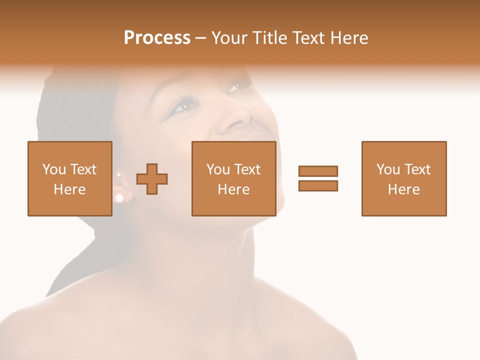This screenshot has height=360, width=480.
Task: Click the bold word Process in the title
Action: pos(157,38)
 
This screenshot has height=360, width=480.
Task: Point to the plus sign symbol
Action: pos(152,178)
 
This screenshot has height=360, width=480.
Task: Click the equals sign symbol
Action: pos(318,178)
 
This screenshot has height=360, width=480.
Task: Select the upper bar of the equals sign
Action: pos(318,171)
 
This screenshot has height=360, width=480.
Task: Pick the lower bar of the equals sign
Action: pos(318,185)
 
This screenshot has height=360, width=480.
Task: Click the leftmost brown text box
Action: pos(70,178)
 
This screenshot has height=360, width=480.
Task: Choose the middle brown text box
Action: pos(233,178)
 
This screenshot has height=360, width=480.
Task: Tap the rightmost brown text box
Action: pos(404,178)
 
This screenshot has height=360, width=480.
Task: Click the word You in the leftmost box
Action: pos(53,169)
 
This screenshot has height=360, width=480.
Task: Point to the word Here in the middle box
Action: pos(233,189)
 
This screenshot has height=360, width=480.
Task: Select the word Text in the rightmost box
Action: pos(417,169)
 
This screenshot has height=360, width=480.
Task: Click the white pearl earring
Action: pos(119,198)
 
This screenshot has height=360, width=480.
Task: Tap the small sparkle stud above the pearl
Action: pos(118,175)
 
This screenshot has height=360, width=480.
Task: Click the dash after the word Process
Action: pos(200,38)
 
